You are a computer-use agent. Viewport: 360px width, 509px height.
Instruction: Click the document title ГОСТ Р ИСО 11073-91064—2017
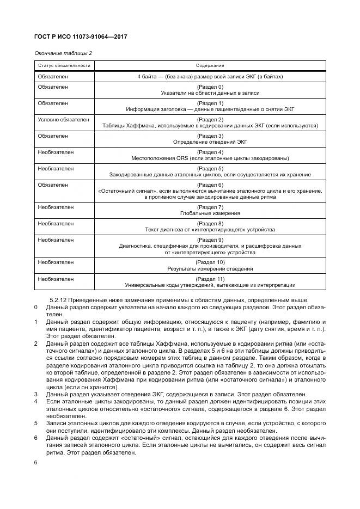76,37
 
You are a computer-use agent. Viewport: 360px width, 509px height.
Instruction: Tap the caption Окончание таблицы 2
60,53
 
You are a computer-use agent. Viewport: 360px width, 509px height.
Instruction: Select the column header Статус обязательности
64,65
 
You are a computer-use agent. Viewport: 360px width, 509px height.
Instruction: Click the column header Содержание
210,65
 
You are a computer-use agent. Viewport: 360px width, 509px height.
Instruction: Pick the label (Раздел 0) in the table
210,87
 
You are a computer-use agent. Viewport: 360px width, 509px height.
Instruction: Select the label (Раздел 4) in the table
210,152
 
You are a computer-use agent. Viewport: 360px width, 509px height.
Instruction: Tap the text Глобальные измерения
210,213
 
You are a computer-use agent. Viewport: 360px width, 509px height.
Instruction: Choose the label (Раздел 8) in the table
210,223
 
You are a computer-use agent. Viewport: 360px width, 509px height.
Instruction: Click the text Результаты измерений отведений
210,268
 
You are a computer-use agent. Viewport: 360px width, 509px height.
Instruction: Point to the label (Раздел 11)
210,279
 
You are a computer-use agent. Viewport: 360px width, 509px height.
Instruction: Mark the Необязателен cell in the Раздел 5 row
56,168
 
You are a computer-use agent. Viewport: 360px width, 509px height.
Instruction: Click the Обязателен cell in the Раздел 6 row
53,185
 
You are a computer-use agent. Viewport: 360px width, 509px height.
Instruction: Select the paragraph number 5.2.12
59,301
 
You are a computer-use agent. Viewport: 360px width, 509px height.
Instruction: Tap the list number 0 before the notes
35,308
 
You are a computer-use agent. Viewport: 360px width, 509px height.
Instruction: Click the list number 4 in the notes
35,401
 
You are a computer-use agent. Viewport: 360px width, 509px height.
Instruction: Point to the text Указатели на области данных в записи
210,94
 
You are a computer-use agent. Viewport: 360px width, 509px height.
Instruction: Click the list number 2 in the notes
35,344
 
